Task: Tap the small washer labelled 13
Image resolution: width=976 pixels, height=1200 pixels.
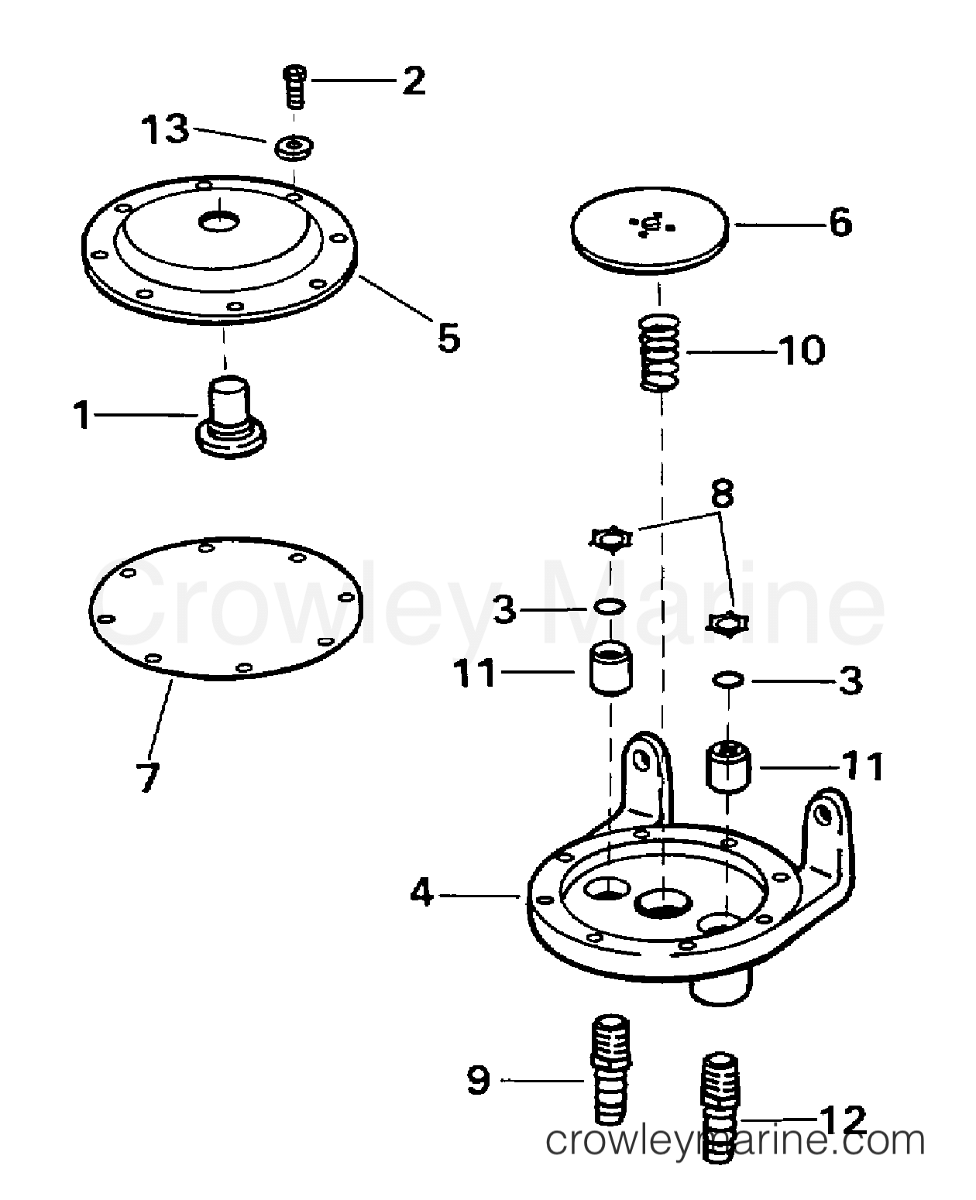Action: [x=294, y=147]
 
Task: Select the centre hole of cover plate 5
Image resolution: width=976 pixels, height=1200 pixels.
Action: [x=219, y=221]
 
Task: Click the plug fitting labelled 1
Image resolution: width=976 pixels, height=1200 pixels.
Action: [x=230, y=417]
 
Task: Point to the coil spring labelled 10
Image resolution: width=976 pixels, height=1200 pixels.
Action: [x=659, y=353]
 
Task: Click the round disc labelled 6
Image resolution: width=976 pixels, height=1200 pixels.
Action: [x=649, y=230]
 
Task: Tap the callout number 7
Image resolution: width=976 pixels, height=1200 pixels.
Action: [x=148, y=778]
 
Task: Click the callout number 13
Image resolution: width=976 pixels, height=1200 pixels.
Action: [x=164, y=129]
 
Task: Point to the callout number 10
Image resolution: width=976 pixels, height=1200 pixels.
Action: [x=802, y=351]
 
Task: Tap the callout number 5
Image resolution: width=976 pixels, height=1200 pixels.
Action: [x=449, y=338]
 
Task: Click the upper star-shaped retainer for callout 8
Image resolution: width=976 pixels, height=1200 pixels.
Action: [x=610, y=540]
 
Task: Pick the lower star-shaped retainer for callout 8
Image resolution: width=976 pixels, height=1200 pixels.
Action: [x=727, y=623]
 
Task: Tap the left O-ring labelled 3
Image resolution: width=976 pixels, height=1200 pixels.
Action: [x=610, y=607]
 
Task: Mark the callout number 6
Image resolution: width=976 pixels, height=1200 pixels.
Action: [x=840, y=222]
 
